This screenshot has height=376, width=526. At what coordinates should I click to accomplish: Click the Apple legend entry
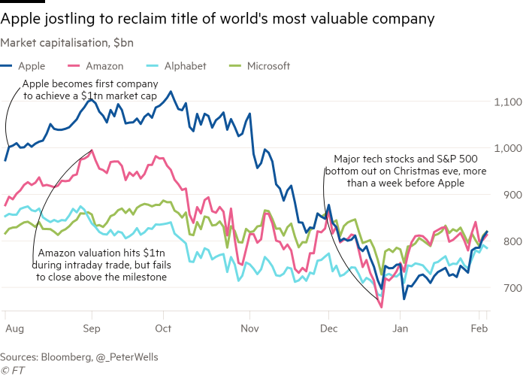(x=23, y=66)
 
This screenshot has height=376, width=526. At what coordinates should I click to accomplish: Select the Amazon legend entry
(x=95, y=66)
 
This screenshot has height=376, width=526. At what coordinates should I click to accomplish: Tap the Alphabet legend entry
(x=177, y=66)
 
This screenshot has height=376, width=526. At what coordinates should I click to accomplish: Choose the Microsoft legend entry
(x=259, y=66)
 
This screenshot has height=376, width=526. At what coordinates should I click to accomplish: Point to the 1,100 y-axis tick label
(x=507, y=102)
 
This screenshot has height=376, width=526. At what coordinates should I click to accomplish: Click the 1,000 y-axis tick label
(x=507, y=148)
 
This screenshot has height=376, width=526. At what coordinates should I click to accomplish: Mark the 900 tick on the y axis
(x=512, y=195)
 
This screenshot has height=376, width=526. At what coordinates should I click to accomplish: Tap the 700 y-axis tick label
(x=512, y=288)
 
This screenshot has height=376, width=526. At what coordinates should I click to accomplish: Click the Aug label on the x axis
(x=14, y=329)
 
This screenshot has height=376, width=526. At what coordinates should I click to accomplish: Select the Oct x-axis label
(x=163, y=328)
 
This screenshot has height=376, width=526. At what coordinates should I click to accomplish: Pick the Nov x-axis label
(x=249, y=328)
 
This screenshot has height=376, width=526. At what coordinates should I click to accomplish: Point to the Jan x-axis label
(x=400, y=328)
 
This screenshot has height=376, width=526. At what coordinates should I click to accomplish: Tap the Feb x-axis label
(x=479, y=328)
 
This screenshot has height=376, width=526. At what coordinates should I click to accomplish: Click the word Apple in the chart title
(x=20, y=19)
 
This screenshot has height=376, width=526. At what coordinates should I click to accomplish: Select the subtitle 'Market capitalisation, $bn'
(x=67, y=43)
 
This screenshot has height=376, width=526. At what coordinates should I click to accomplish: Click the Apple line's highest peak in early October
(x=171, y=91)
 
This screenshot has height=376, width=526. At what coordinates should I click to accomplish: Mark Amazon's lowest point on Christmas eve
(x=382, y=307)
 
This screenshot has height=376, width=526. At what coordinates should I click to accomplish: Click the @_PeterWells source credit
(x=127, y=357)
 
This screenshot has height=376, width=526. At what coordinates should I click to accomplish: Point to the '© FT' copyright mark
(x=13, y=370)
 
